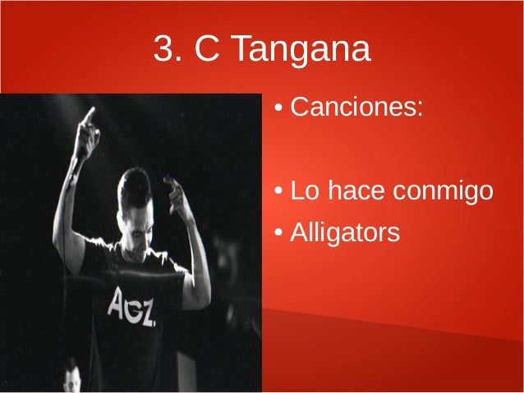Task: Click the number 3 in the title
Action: pyautogui.click(x=163, y=50)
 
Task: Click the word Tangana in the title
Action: pyautogui.click(x=300, y=52)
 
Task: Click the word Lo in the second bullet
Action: pyautogui.click(x=305, y=191)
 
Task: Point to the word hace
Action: pyautogui.click(x=355, y=191)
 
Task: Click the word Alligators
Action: pyautogui.click(x=345, y=233)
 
